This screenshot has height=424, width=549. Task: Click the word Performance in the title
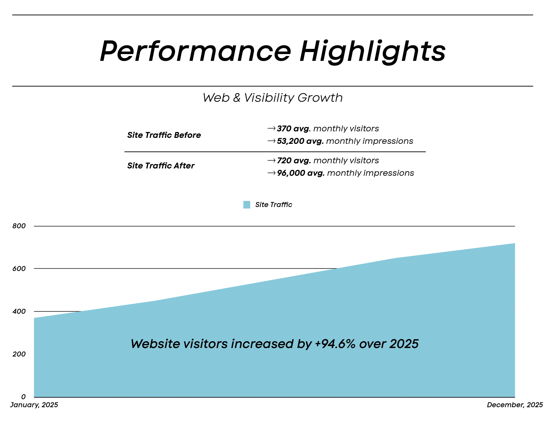196,51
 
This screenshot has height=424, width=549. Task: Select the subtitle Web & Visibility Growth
273,98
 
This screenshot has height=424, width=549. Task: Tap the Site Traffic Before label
164,135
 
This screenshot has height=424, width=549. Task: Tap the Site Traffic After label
161,166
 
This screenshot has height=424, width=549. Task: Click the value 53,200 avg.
300,141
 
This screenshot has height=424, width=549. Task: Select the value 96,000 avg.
301,173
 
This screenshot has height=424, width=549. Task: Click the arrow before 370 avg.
271,128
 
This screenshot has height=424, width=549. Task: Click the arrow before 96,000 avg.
271,173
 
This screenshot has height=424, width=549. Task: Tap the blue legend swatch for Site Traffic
247,204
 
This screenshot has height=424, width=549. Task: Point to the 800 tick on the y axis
19,226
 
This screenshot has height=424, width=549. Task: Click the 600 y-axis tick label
19,269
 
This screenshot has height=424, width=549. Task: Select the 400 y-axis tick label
19,311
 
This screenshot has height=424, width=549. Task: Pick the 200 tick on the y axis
19,354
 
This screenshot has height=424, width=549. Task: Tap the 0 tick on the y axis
23,397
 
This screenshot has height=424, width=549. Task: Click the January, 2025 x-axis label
34,405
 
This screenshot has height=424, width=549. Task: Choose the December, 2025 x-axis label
515,405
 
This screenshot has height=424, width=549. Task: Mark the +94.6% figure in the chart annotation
335,344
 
